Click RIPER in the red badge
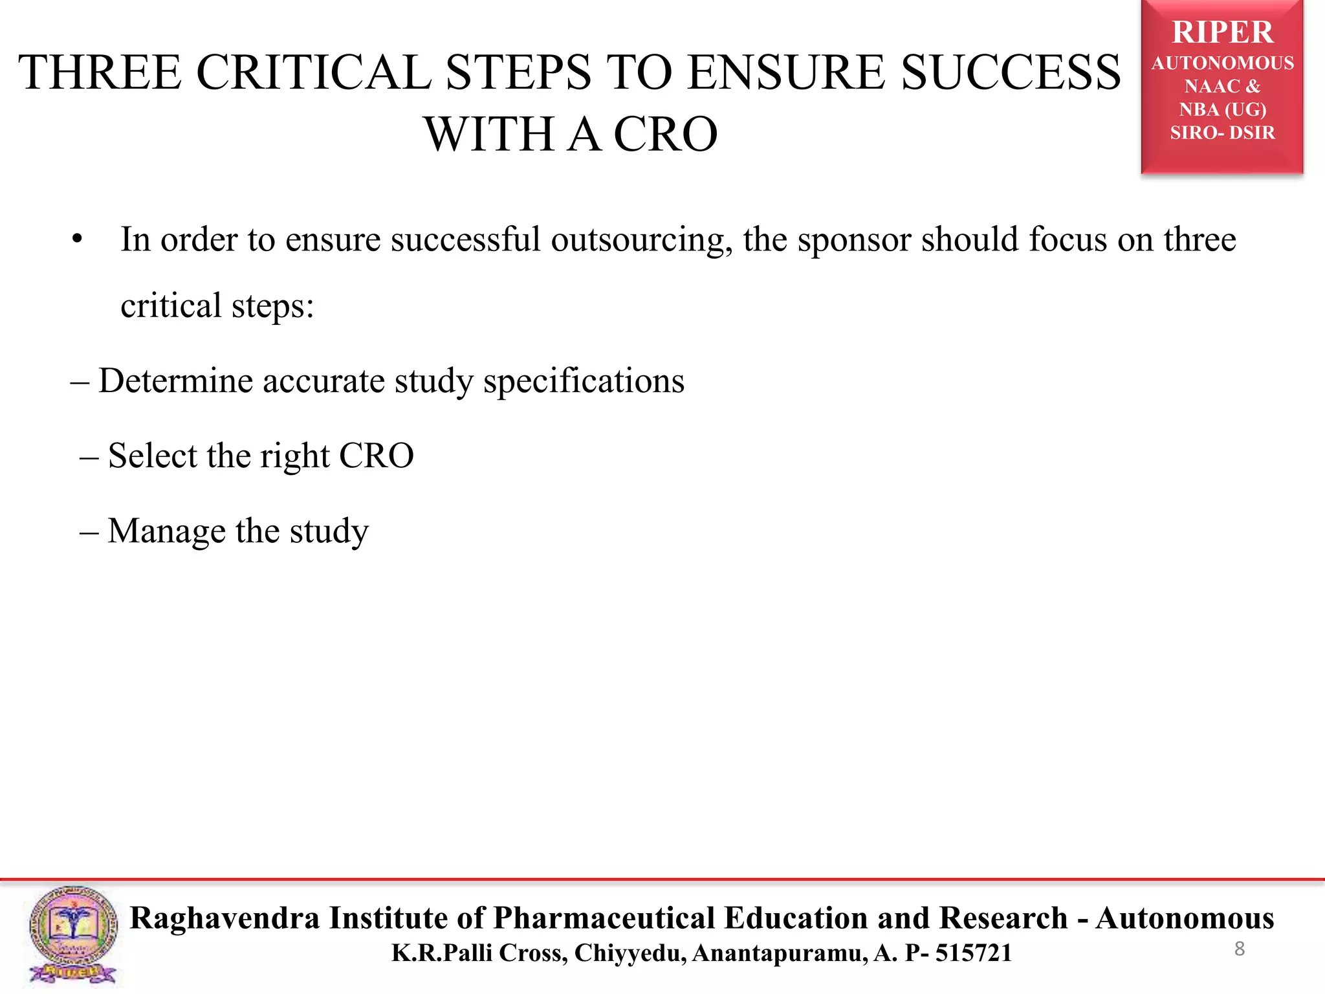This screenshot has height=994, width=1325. (x=1222, y=32)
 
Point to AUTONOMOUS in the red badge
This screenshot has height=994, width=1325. (x=1222, y=63)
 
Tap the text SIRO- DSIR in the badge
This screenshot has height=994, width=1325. (x=1222, y=133)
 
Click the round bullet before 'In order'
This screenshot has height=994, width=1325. (x=78, y=240)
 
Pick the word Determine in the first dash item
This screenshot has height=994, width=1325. (x=175, y=381)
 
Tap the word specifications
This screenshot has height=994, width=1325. (x=584, y=381)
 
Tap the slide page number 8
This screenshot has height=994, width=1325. (x=1239, y=949)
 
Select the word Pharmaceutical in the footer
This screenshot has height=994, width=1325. (x=605, y=918)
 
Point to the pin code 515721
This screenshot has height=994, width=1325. (x=974, y=953)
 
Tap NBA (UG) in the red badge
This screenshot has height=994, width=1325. (x=1222, y=109)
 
